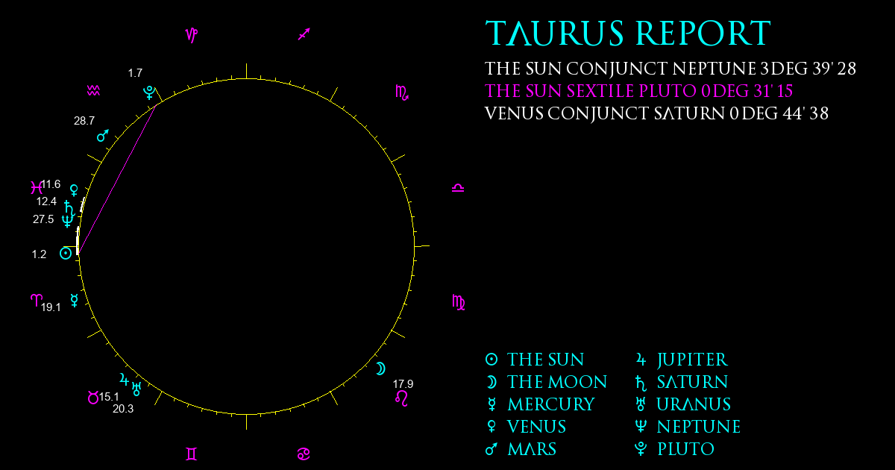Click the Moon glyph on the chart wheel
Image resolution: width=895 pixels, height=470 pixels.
[x=381, y=369]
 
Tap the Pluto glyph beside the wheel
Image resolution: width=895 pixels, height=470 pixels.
[x=149, y=93]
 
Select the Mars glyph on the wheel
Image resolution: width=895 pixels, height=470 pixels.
[x=103, y=136]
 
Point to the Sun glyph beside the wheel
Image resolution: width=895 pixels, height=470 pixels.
[x=66, y=253]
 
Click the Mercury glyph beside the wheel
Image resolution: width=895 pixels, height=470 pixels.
[x=75, y=300]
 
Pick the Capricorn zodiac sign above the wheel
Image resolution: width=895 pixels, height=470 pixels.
[x=192, y=35]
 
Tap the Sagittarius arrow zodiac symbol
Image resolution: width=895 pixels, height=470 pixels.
[x=304, y=34]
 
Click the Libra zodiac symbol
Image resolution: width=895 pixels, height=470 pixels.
[x=458, y=188]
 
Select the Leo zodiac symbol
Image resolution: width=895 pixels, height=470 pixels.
[x=401, y=398]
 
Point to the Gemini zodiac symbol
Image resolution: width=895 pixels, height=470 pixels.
[x=192, y=454]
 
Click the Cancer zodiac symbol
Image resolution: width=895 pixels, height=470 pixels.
[x=304, y=454]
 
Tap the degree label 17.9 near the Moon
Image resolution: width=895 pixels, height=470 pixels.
[x=403, y=384]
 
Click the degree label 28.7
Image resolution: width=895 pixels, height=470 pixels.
[x=84, y=121]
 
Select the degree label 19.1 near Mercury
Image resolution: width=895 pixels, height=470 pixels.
[x=51, y=307]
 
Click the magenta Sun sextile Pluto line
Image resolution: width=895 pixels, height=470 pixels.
[x=116, y=179]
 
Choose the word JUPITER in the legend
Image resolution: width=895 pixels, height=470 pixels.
[x=692, y=360]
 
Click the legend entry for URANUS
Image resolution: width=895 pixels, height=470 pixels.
[x=694, y=404]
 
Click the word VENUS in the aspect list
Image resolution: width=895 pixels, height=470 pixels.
[x=514, y=113]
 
